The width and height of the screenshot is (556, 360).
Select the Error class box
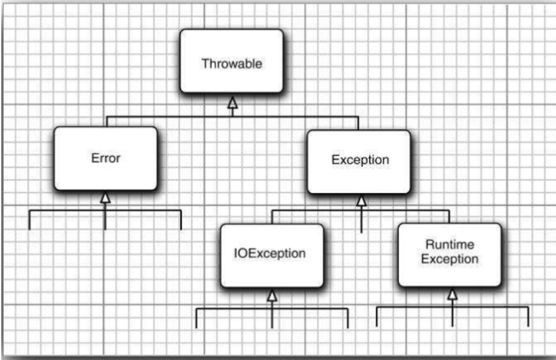tap(105, 158)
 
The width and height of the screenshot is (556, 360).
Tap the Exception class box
tap(358, 160)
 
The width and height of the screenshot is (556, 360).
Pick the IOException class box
tap(272, 255)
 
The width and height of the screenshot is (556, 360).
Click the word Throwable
tap(231, 64)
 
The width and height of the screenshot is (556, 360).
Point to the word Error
tap(105, 159)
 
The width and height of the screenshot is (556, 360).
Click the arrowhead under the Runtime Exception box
tap(452, 293)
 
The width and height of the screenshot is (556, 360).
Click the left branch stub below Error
tap(30, 220)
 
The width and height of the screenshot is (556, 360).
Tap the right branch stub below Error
tap(181, 220)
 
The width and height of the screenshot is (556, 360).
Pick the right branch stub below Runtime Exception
tap(528, 317)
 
